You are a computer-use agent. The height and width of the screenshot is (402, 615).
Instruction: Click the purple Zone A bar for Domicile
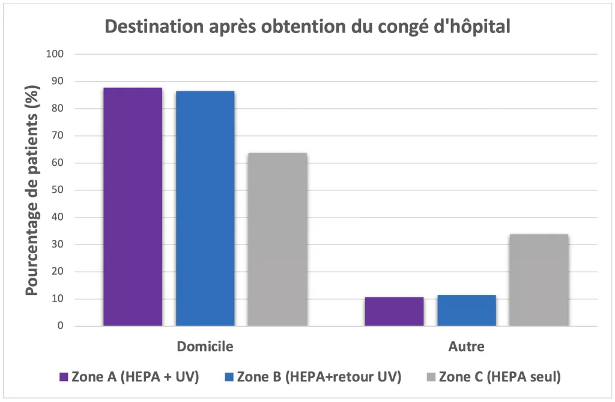[x=132, y=207]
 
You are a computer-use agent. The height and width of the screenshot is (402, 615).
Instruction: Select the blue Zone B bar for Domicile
[x=205, y=209]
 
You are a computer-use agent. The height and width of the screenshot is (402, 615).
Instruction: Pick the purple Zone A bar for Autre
[x=394, y=311]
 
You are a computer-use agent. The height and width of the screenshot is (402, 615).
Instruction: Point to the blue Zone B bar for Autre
[x=467, y=310]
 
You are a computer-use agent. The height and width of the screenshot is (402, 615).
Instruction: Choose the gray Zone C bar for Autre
[x=539, y=280]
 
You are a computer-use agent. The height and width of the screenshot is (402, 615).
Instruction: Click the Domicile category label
[x=205, y=347]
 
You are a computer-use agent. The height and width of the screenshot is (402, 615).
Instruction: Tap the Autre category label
[x=467, y=347]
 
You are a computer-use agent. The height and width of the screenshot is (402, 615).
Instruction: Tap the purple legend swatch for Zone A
[x=64, y=377]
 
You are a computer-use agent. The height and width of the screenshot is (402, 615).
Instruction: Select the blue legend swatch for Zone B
[x=230, y=377]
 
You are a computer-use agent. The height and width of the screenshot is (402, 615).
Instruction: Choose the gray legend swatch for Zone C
[x=431, y=377]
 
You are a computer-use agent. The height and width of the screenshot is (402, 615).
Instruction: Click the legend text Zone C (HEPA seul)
[x=500, y=377]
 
